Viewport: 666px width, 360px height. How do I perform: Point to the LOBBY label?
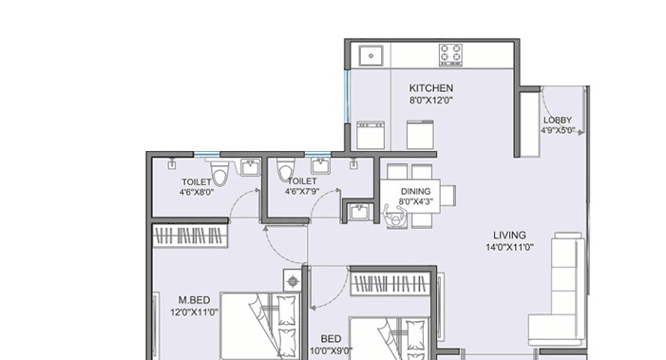tap(558, 120)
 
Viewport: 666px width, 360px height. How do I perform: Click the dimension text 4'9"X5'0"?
tap(558, 131)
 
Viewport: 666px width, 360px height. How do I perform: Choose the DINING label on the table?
tap(416, 190)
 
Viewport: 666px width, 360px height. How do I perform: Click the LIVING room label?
tap(509, 236)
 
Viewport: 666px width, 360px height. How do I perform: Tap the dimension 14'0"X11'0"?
tap(509, 247)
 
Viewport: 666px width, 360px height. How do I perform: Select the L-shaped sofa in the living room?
tap(561, 290)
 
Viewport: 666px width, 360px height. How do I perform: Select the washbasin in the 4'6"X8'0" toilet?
tap(250, 168)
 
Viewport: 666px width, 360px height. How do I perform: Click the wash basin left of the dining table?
tap(357, 212)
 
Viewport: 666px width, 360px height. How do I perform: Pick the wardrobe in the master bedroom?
tap(191, 234)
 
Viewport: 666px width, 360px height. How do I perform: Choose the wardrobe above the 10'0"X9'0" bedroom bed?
tap(393, 282)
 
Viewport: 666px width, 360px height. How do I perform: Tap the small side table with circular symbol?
tap(292, 282)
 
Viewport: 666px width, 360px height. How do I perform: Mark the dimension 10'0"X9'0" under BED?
tap(331, 350)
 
